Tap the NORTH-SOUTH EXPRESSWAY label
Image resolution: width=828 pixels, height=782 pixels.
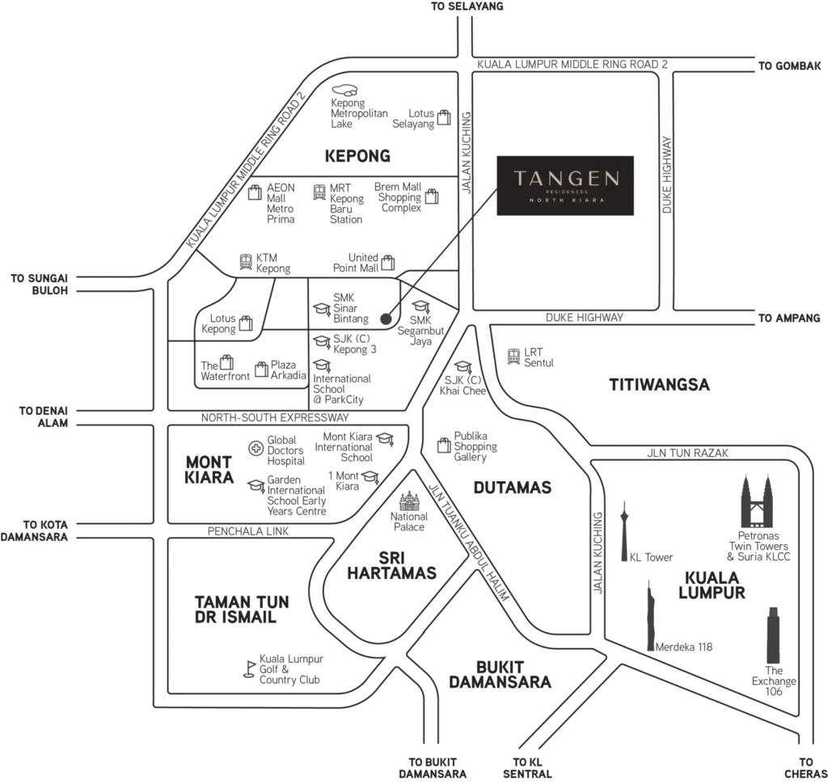(275, 418)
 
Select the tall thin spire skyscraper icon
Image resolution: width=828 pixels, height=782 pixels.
(652, 615)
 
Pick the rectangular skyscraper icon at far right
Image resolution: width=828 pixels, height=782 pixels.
(775, 639)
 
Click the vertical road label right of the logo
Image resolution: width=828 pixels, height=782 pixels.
(667, 174)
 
